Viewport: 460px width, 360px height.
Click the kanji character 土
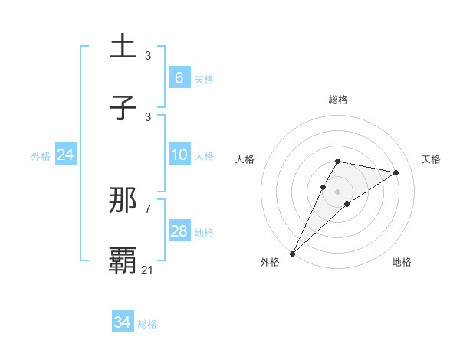pyautogui.click(x=123, y=46)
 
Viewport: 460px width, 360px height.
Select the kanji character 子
pyautogui.click(x=123, y=107)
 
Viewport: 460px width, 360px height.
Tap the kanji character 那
pyautogui.click(x=123, y=200)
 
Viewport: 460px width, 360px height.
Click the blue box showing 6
pyautogui.click(x=179, y=77)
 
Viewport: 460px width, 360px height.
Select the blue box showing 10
pyautogui.click(x=179, y=155)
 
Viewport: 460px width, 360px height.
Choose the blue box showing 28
pyautogui.click(x=179, y=231)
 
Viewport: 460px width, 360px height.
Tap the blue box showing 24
pyautogui.click(x=65, y=155)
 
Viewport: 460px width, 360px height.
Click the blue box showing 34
pyautogui.click(x=122, y=322)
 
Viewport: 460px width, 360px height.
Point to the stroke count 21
pyautogui.click(x=148, y=270)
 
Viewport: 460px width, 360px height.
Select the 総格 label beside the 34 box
pyautogui.click(x=147, y=324)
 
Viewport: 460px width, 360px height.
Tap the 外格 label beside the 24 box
pyautogui.click(x=41, y=156)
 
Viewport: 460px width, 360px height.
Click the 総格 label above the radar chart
pyautogui.click(x=338, y=100)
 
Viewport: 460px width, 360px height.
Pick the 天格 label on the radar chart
pyautogui.click(x=432, y=159)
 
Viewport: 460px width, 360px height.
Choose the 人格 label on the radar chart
pyautogui.click(x=245, y=159)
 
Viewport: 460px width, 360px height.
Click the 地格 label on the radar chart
pyautogui.click(x=402, y=262)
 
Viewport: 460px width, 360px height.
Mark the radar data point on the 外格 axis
pyautogui.click(x=292, y=253)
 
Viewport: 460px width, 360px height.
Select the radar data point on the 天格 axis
pyautogui.click(x=396, y=172)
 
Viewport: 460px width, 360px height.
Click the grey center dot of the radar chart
pyautogui.click(x=338, y=191)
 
